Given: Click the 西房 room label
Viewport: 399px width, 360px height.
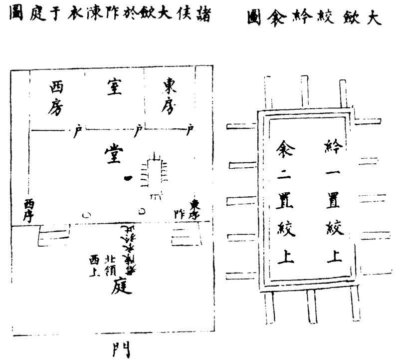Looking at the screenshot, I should [56, 98].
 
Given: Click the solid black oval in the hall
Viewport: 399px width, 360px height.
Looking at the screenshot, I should [128, 177].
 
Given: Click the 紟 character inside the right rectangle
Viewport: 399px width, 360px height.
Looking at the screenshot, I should [331, 146].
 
